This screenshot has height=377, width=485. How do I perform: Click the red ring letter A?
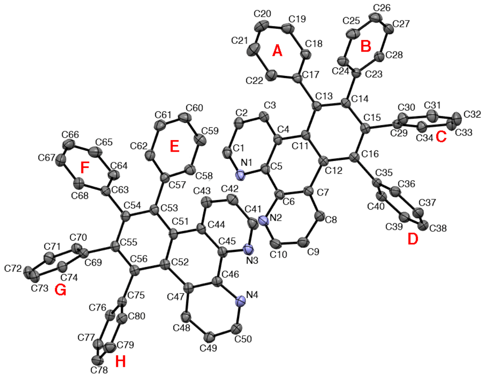(x=277, y=50)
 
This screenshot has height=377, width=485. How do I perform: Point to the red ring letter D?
(x=413, y=239)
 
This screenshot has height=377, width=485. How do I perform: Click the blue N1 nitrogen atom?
(x=240, y=176)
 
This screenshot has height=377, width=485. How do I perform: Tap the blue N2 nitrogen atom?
(x=263, y=220)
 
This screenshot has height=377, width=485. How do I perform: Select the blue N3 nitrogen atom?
(x=248, y=249)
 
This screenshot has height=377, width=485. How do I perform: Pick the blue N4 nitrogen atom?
(x=240, y=301)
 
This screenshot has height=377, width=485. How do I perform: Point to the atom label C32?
(x=472, y=115)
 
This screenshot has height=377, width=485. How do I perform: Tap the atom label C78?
(x=99, y=370)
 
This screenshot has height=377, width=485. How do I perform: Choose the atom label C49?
(x=208, y=348)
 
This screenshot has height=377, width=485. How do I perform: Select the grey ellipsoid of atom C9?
(x=303, y=242)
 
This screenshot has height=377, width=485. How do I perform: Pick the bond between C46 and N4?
(x=229, y=291)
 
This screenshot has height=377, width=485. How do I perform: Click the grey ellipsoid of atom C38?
(x=424, y=225)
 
